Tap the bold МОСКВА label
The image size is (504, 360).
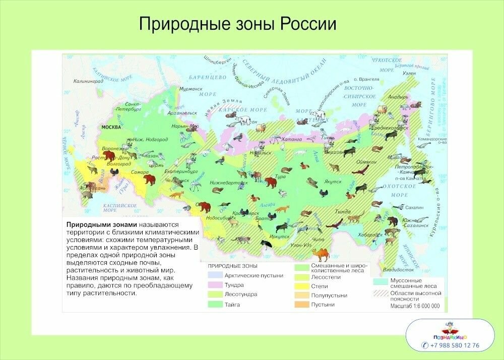click(x=111, y=127)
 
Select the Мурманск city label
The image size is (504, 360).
click(x=191, y=89)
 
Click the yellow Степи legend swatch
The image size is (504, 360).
click(x=301, y=286)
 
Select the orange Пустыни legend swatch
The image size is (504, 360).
click(x=301, y=305)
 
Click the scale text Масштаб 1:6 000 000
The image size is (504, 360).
click(x=415, y=306)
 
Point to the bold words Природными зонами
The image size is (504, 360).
click(x=101, y=225)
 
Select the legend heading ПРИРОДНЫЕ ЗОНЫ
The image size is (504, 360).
click(x=232, y=266)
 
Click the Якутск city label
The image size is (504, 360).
click(x=333, y=181)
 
